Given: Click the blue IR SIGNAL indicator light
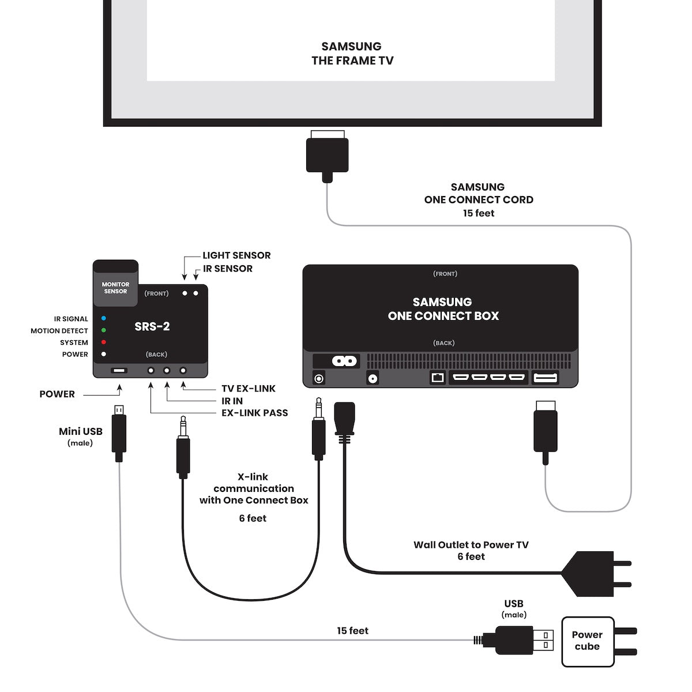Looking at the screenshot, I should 104,318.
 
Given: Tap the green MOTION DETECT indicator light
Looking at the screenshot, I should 104,330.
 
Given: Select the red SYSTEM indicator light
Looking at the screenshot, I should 104,343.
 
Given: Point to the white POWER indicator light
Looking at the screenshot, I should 104,354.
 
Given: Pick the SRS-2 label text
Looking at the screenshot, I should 152,326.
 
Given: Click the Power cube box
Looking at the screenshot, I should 587,641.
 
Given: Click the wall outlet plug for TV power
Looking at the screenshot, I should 594,573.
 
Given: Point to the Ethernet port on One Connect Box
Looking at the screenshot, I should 437,378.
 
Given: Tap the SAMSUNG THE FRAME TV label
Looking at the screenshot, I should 352,53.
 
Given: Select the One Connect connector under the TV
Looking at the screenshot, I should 328,154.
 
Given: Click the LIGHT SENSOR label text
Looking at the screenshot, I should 236,255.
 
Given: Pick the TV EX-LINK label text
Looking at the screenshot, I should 249,389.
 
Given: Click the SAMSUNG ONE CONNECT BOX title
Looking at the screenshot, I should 443,309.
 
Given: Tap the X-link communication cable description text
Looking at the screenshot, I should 254,488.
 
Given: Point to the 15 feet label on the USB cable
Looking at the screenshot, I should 352,631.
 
